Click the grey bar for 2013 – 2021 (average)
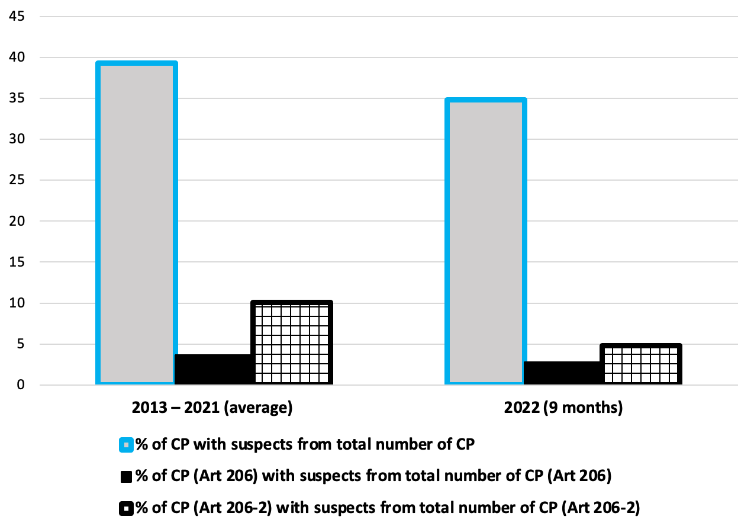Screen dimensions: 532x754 pyautogui.click(x=136, y=223)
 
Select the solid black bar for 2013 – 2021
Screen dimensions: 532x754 pyautogui.click(x=214, y=370)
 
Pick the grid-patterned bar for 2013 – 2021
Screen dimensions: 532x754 pyautogui.click(x=293, y=343)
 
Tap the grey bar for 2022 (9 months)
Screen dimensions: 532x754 pyautogui.click(x=485, y=242)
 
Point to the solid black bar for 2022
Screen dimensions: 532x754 pyautogui.click(x=562, y=373)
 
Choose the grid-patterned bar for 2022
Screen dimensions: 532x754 pyautogui.click(x=641, y=364)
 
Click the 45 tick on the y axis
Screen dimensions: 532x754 pyautogui.click(x=15, y=17)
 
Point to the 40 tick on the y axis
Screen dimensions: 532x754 pyautogui.click(x=15, y=57)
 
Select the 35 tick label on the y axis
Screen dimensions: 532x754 pyautogui.click(x=15, y=98)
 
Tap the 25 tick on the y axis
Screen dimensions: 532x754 pyautogui.click(x=15, y=180)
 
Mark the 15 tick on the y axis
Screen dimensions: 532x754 pyautogui.click(x=15, y=262)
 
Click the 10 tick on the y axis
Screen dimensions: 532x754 pyautogui.click(x=15, y=303)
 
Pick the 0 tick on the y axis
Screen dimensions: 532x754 pyautogui.click(x=19, y=385)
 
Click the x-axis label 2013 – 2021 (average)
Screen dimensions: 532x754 pyautogui.click(x=212, y=409)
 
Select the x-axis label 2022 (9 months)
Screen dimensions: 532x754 pyautogui.click(x=563, y=409)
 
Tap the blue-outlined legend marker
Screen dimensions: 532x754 pyautogui.click(x=126, y=444)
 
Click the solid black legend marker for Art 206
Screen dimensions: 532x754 pyautogui.click(x=126, y=476)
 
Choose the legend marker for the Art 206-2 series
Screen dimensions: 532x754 pyautogui.click(x=126, y=508)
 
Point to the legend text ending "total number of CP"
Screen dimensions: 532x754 pyautogui.click(x=305, y=444)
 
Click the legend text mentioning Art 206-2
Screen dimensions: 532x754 pyautogui.click(x=388, y=508)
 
